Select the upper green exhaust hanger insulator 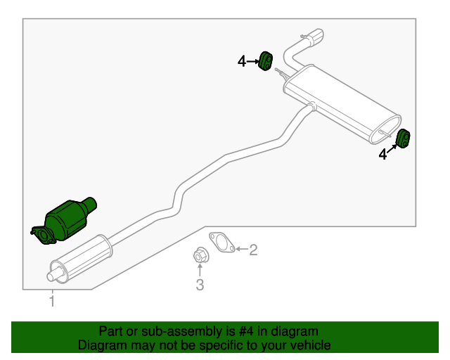(266, 61)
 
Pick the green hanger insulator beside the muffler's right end (403, 138)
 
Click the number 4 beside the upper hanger (242, 61)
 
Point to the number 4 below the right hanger (382, 155)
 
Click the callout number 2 (253, 250)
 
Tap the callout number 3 (200, 285)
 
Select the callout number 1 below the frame (52, 301)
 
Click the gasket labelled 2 (222, 243)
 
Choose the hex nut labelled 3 (200, 255)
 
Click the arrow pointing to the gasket (242, 249)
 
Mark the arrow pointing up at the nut (200, 270)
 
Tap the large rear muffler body (342, 104)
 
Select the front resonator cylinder (81, 259)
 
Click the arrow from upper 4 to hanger (253, 61)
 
